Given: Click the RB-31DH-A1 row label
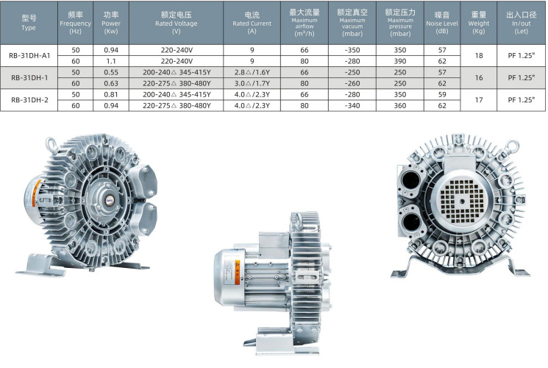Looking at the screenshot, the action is click(29, 55).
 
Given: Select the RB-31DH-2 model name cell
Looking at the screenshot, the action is click(29, 99).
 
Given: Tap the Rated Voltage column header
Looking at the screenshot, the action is click(176, 23).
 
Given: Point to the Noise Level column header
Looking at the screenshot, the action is click(442, 23).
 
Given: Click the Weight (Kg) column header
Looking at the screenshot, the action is click(478, 23).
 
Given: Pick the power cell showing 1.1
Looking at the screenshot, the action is click(111, 61).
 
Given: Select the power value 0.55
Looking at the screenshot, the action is click(111, 72).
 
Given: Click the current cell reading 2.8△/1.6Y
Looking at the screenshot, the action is click(252, 72).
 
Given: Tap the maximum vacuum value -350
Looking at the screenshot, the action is click(352, 50).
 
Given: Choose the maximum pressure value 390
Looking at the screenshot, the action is click(400, 61).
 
